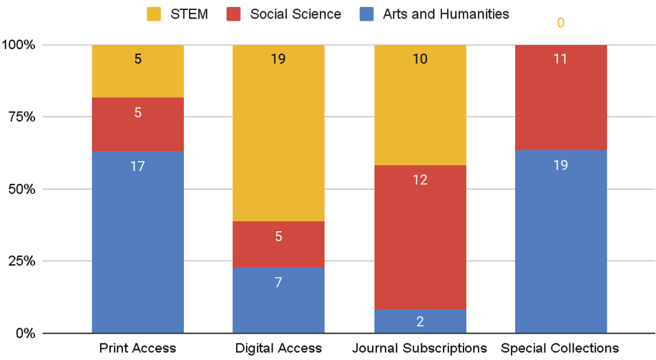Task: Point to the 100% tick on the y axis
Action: click(19, 45)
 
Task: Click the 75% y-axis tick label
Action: click(21, 117)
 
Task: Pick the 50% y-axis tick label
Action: click(21, 190)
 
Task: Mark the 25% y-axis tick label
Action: click(21, 261)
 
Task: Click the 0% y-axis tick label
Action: click(24, 334)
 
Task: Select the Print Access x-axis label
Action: click(137, 349)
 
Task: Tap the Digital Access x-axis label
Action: click(278, 349)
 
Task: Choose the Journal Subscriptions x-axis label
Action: click(420, 349)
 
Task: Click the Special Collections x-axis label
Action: click(561, 349)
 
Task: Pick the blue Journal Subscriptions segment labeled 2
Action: click(420, 321)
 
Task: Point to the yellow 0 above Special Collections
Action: click(561, 24)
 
